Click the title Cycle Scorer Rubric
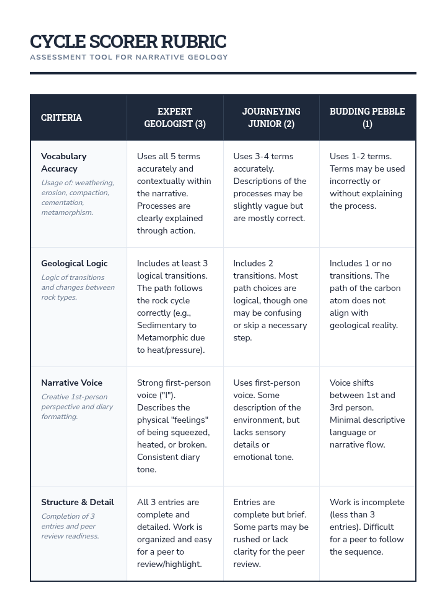(128, 41)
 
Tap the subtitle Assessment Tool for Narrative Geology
(129, 57)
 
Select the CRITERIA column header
(61, 118)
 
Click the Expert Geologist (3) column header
(175, 117)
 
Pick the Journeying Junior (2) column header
(271, 117)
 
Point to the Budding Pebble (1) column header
(367, 117)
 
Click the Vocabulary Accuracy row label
(64, 162)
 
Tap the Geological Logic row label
(74, 263)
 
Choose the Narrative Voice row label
(72, 383)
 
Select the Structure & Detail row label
(77, 502)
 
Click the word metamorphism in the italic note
(67, 213)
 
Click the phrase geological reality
(363, 325)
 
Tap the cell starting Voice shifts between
(367, 414)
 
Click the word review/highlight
(169, 564)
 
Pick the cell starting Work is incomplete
(367, 527)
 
